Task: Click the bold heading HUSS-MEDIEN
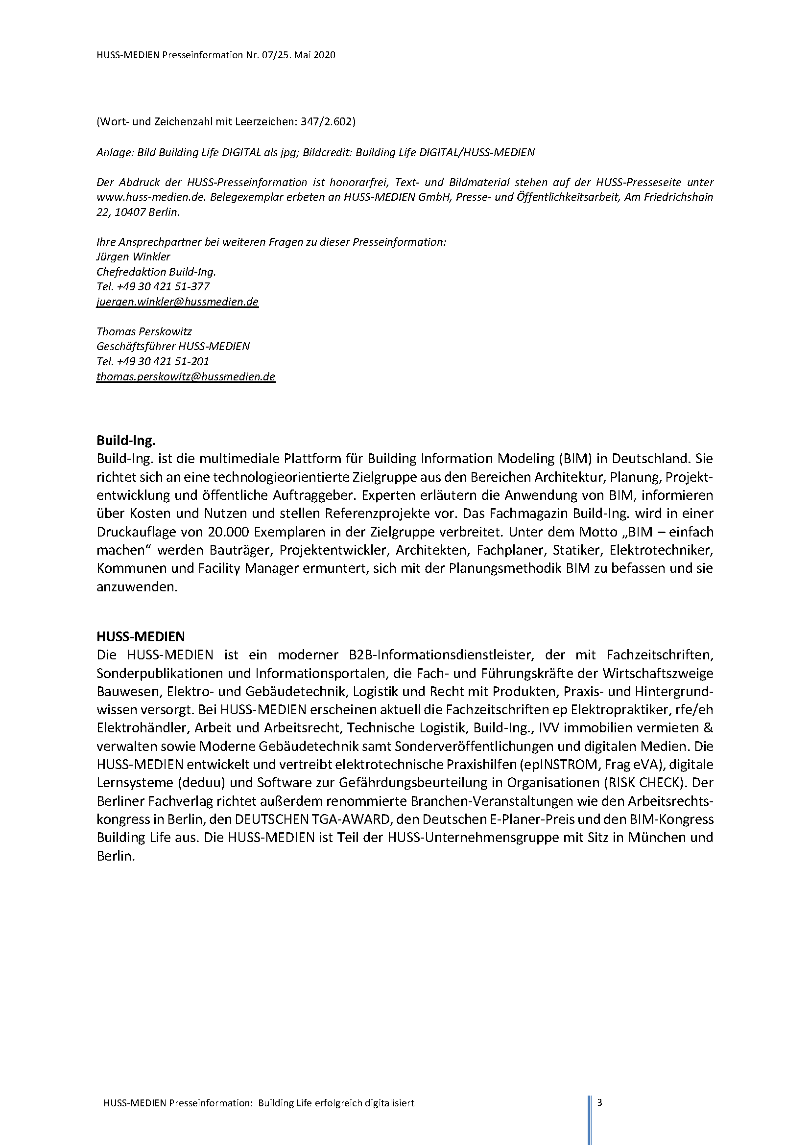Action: click(141, 636)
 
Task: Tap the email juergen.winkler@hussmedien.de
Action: click(177, 302)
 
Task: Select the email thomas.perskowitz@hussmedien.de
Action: click(186, 376)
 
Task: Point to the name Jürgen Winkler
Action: click(133, 257)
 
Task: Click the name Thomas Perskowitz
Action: click(144, 331)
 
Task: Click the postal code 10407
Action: click(131, 212)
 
